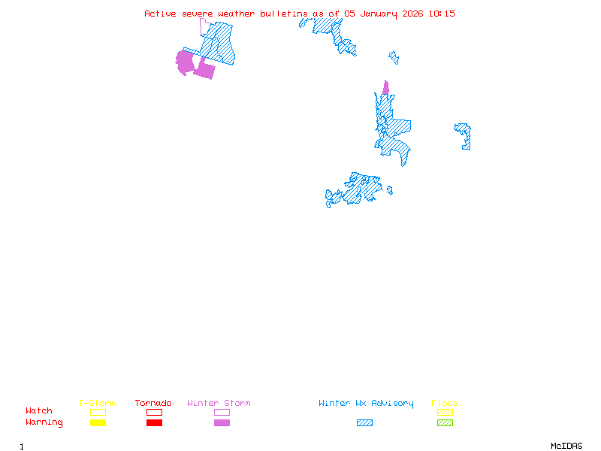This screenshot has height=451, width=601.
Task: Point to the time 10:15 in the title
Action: [x=441, y=14]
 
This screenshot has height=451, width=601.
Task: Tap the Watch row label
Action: [x=39, y=411]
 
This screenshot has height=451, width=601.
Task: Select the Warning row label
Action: [x=44, y=422]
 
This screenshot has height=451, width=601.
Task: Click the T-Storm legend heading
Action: [x=97, y=404]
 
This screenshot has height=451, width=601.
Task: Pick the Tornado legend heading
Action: [x=153, y=404]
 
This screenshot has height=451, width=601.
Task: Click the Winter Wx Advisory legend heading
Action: [x=366, y=404]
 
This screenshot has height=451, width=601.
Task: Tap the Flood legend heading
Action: [x=445, y=404]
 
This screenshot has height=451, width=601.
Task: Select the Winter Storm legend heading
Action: [x=219, y=404]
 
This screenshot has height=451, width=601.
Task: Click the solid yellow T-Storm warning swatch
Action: [x=98, y=423]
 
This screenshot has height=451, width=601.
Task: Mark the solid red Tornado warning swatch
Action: [x=154, y=423]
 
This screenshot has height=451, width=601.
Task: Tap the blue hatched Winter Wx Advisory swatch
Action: [x=364, y=423]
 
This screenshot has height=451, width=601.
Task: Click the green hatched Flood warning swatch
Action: [x=445, y=423]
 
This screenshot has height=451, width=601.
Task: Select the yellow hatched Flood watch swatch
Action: [x=445, y=412]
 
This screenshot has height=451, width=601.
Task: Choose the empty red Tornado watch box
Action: [x=154, y=412]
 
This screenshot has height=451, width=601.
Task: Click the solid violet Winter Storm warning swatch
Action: [x=222, y=423]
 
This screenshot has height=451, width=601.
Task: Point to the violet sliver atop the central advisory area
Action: [x=386, y=88]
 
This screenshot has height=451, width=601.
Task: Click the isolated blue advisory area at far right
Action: [x=464, y=135]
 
